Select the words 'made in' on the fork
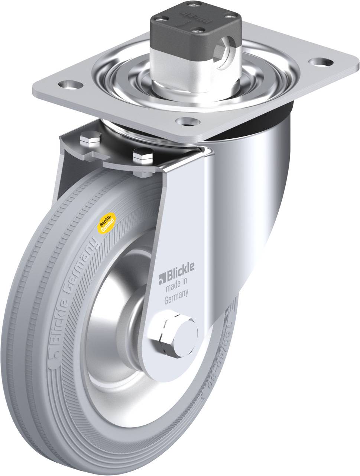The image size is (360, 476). (x=176, y=286)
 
